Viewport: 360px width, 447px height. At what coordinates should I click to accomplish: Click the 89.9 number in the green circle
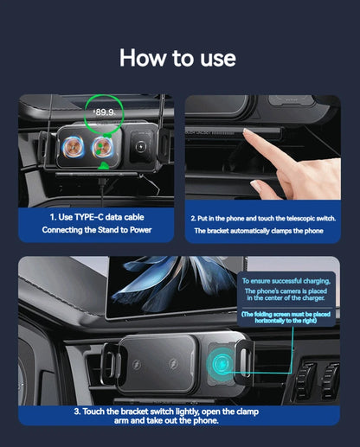coord(105,112)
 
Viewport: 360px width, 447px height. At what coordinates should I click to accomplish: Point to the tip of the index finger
coord(247,133)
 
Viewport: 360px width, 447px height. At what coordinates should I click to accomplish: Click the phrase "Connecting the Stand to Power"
coord(95,231)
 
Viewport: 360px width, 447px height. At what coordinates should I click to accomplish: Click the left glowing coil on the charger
coord(74,147)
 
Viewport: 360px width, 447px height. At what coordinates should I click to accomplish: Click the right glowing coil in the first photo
coord(106,147)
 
